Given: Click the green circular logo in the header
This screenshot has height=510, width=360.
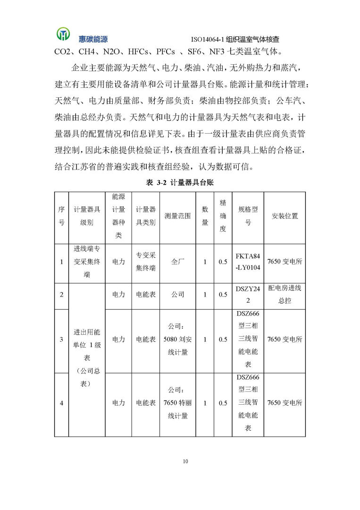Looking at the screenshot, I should pyautogui.click(x=62, y=34).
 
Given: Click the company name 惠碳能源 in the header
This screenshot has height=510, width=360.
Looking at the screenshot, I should pyautogui.click(x=93, y=39).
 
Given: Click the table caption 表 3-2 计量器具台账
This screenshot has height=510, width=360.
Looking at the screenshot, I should pyautogui.click(x=180, y=182).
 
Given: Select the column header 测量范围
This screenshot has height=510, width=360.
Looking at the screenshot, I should pyautogui.click(x=177, y=216).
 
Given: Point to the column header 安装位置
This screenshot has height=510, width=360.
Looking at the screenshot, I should pyautogui.click(x=285, y=216).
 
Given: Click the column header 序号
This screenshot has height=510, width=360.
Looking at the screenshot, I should pyautogui.click(x=61, y=216).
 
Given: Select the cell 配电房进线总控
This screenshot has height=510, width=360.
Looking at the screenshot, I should pyautogui.click(x=285, y=294).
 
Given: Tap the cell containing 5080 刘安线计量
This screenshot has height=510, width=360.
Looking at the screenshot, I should pyautogui.click(x=177, y=339).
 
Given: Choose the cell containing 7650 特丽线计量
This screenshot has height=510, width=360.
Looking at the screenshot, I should pyautogui.click(x=177, y=403).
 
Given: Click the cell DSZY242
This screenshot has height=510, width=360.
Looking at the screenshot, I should pyautogui.click(x=248, y=294).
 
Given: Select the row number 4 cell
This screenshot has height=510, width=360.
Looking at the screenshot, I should pyautogui.click(x=61, y=403).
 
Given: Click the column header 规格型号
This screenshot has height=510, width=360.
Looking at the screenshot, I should pyautogui.click(x=248, y=216).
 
